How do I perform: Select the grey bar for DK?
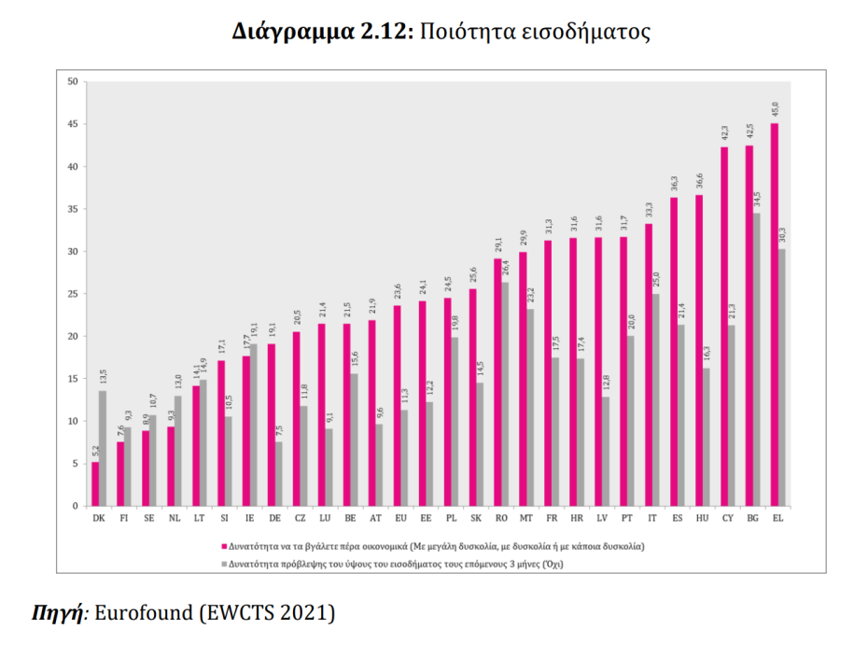tap(103, 448)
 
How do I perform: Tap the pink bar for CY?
tap(723, 326)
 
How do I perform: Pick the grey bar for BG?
tap(756, 359)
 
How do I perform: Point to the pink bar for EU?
tap(397, 405)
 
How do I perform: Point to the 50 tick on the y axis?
tap(72, 82)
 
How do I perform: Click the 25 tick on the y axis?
tap(72, 294)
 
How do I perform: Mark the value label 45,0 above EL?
tap(775, 109)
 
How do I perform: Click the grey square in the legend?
tap(221, 564)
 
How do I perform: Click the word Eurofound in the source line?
tap(139, 613)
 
